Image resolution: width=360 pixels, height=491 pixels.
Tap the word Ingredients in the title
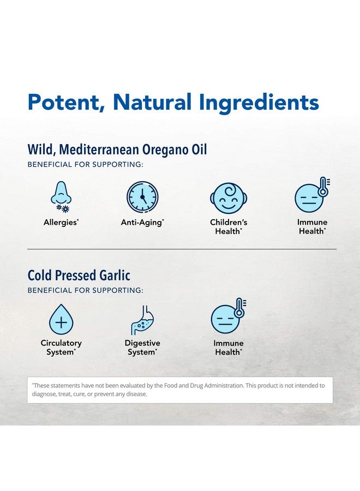tap(256, 103)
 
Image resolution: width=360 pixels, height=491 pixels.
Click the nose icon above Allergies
tap(61, 197)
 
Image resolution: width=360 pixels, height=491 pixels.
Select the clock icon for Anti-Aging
tap(142, 197)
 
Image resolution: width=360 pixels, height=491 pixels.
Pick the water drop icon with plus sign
tap(61, 320)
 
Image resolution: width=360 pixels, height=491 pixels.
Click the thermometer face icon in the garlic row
tap(228, 316)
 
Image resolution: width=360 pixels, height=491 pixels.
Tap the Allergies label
tap(61, 223)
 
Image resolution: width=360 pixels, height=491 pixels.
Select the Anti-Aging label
tap(142, 223)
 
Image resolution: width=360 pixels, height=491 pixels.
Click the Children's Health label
tap(229, 227)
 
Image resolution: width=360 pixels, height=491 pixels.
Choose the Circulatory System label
tap(61, 348)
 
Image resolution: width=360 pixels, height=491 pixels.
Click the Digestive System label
tap(142, 348)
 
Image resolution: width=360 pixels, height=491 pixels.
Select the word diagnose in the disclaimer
tap(45, 394)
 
